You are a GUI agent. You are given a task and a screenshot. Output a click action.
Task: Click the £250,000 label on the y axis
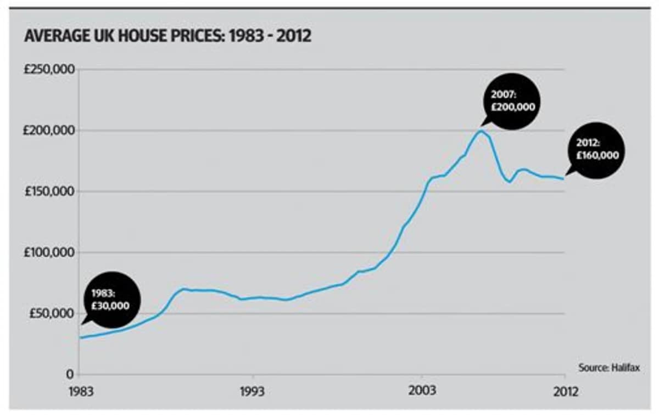pyautogui.click(x=49, y=70)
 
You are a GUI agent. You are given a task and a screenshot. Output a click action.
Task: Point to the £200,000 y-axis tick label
pyautogui.click(x=49, y=131)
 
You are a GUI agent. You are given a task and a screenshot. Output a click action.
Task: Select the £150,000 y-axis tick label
pyautogui.click(x=50, y=191)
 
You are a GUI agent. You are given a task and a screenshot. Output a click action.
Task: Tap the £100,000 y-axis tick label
pyautogui.click(x=49, y=252)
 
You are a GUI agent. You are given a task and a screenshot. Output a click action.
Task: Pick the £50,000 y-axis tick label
pyautogui.click(x=52, y=313)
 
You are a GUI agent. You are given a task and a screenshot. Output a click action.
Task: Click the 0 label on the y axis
pyautogui.click(x=70, y=374)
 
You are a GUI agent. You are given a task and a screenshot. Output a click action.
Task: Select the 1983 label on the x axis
pyautogui.click(x=81, y=392)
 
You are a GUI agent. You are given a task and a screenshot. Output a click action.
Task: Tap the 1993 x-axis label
pyautogui.click(x=252, y=392)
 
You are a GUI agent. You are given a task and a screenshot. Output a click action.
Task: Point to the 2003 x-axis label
pyautogui.click(x=422, y=391)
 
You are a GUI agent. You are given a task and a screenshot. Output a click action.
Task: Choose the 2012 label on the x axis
pyautogui.click(x=566, y=392)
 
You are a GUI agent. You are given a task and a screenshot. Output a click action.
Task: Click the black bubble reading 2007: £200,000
pyautogui.click(x=511, y=102)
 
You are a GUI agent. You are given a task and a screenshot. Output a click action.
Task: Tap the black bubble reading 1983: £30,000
pyautogui.click(x=112, y=300)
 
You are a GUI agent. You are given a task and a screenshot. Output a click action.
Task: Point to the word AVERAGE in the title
pyautogui.click(x=57, y=36)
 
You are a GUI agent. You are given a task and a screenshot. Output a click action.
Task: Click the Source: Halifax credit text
pyautogui.click(x=609, y=368)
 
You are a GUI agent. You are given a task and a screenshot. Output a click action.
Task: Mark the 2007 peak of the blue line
pyautogui.click(x=481, y=131)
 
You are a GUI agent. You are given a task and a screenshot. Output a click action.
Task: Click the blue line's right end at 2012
pyautogui.click(x=563, y=179)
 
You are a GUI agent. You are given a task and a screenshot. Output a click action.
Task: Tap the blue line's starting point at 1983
pyautogui.click(x=80, y=337)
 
